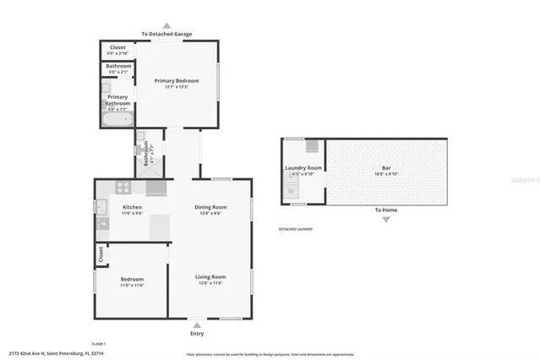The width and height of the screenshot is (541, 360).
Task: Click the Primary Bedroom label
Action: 177,80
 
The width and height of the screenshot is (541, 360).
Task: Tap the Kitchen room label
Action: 132,207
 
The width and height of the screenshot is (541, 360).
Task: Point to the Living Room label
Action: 211,276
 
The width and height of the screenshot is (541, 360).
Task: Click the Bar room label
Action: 386,169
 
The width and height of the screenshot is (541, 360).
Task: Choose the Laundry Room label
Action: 303,168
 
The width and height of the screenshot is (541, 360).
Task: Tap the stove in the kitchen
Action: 123,188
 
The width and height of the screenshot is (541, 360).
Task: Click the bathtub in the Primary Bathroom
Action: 118,121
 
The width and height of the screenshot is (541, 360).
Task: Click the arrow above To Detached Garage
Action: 167,25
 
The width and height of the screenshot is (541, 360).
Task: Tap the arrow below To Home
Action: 386,220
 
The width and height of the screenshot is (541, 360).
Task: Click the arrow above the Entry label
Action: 197,324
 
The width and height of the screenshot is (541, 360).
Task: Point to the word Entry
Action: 197,333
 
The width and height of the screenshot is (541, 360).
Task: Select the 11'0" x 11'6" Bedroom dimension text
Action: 131,286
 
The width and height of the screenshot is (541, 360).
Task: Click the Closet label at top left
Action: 117,47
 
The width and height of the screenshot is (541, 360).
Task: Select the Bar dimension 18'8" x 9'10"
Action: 386,175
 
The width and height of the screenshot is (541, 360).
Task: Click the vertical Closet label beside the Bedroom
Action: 100,254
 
